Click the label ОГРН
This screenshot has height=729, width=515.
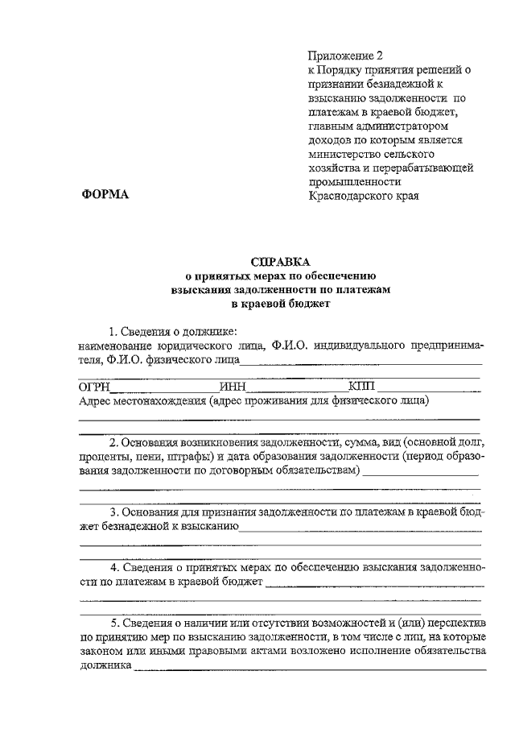[x=93, y=387]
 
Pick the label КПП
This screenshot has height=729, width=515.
[x=362, y=387]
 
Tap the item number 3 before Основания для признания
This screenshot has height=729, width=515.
[x=113, y=512]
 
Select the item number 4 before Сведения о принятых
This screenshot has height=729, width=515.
[x=113, y=566]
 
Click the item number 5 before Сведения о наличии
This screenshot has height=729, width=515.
[x=113, y=623]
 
